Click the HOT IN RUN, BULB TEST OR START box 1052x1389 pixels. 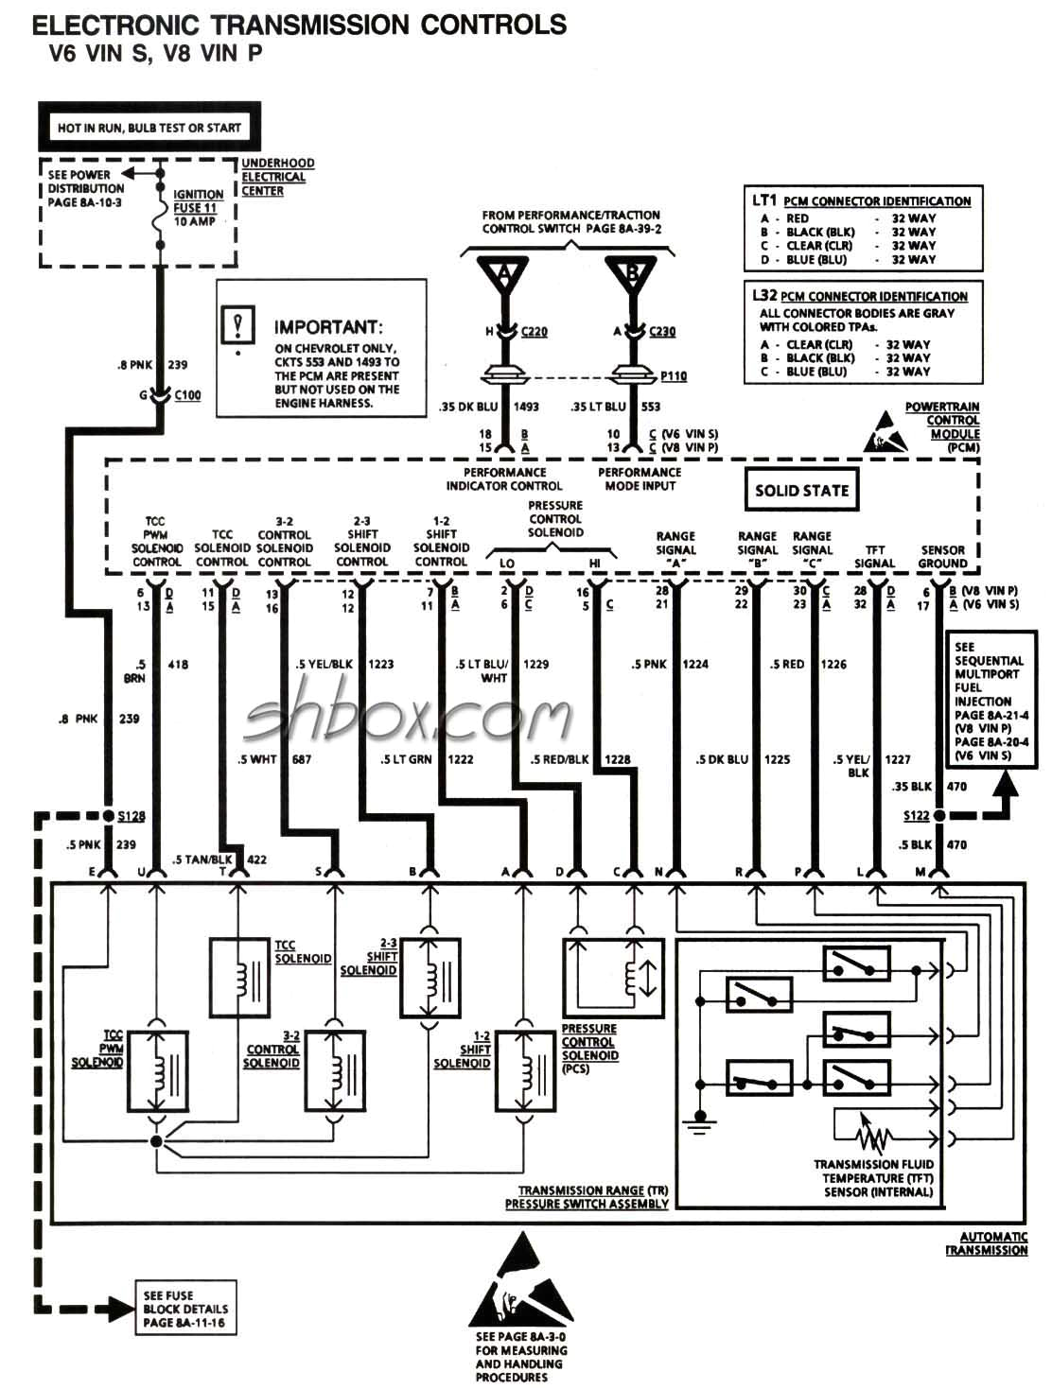pos(149,127)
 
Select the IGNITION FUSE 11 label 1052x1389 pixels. pos(198,208)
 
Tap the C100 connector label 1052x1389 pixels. pos(187,395)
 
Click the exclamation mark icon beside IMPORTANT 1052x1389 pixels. pos(238,325)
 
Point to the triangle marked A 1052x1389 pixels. pos(504,275)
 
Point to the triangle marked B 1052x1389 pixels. pos(632,275)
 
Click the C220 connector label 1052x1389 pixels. pos(534,332)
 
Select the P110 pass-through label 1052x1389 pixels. pos(673,376)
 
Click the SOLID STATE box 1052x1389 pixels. pos(801,490)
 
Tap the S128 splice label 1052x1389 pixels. pos(131,815)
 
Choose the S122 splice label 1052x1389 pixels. pos(916,815)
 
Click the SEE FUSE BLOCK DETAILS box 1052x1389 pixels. pos(184,1309)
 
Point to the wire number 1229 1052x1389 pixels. pos(535,664)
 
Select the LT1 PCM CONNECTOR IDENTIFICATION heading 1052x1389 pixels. pos(861,200)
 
